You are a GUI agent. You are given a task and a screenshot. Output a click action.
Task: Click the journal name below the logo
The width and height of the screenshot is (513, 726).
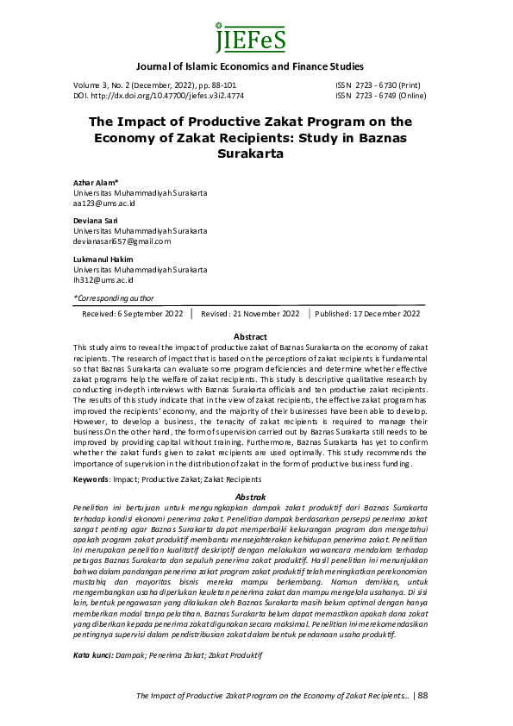250,66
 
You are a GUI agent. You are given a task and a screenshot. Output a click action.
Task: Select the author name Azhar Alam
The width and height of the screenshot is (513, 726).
95,185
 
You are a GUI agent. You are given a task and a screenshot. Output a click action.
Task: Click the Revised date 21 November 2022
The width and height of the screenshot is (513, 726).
250,315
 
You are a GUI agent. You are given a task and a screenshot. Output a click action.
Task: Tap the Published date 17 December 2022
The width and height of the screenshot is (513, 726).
367,315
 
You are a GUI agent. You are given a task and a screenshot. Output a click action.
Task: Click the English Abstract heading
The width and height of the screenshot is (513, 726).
250,336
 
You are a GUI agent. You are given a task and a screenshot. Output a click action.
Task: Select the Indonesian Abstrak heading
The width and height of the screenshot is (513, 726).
250,498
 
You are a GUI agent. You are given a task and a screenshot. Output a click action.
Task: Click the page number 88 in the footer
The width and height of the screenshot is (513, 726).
422,696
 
